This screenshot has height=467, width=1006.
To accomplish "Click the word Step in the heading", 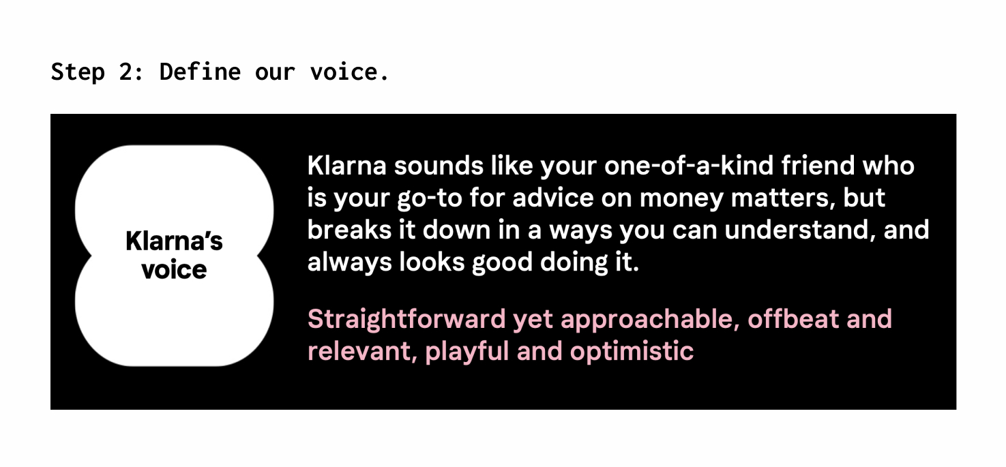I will (x=78, y=72).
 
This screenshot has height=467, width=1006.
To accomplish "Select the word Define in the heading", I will (x=200, y=72).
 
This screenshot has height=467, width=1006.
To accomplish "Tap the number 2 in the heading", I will (x=125, y=72).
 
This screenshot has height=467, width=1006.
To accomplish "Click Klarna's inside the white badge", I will (x=174, y=241).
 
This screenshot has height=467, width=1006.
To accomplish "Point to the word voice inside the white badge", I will (x=174, y=270).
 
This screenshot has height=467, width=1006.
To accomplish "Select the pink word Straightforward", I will (x=406, y=319).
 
